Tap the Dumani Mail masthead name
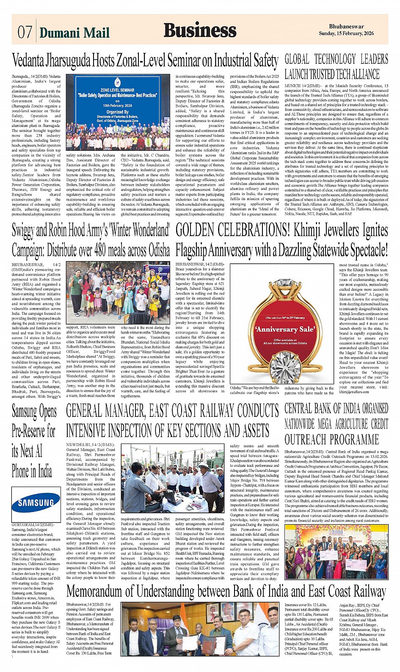click(74, 33)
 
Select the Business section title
click(200, 30)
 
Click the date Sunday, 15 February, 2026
click(346, 33)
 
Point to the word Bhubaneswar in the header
click(346, 27)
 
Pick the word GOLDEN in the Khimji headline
click(199, 230)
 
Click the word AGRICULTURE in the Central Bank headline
click(337, 424)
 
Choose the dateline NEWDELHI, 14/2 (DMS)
click(90, 445)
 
